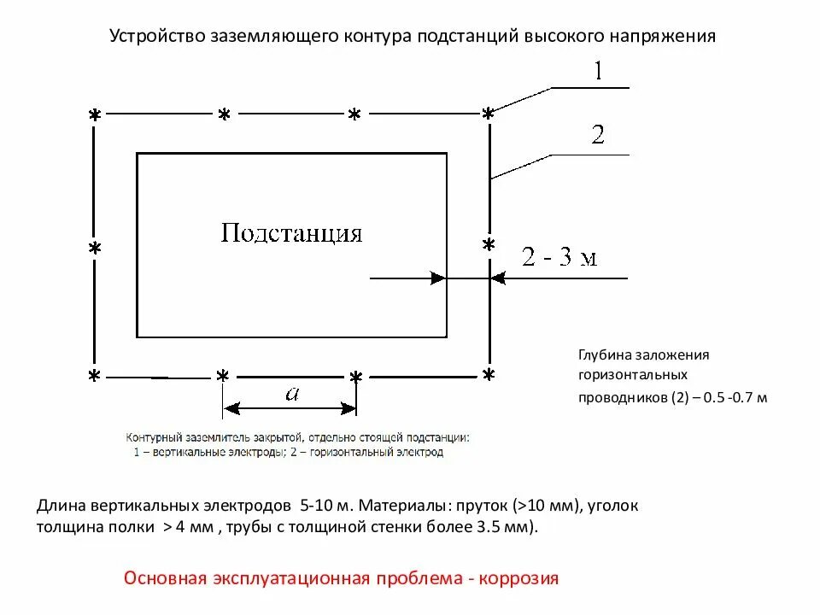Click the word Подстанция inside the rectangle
coord(291,233)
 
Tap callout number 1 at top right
coord(598,71)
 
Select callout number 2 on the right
coord(598,135)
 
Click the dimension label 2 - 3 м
coord(559,257)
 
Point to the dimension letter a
coord(291,393)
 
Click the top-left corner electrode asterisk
coord(95,115)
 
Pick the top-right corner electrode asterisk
coord(488,114)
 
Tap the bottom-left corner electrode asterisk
coord(95,376)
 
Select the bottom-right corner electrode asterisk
coord(488,375)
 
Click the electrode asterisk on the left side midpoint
coord(95,249)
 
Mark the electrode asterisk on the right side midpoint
coord(489,245)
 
